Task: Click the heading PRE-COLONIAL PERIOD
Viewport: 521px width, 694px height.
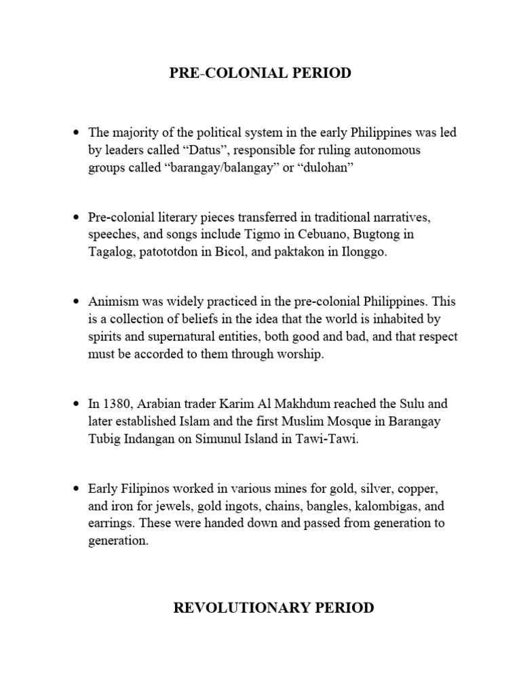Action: [260, 73]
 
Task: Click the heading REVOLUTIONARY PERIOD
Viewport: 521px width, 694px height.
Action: [274, 607]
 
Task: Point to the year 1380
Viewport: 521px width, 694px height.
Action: [116, 404]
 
